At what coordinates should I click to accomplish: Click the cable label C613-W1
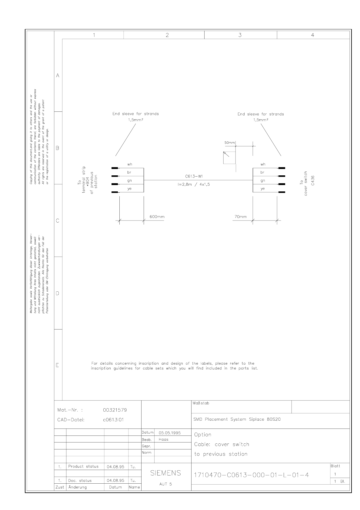194,176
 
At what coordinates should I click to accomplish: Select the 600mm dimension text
157,217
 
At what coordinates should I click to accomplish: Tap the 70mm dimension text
241,217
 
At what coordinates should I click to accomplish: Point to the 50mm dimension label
229,143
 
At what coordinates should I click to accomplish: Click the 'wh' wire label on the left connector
130,164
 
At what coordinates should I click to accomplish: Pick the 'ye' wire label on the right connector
263,189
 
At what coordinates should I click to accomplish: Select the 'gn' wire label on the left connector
130,181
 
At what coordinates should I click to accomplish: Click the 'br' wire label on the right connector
262,172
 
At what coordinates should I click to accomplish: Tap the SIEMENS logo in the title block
166,473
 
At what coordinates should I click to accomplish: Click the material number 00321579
115,410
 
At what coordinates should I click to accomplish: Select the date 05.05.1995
170,433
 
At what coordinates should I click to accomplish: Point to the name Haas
164,439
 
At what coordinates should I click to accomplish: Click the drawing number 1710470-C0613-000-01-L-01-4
251,475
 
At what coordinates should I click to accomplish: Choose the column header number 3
240,35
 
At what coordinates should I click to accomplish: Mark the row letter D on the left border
58,293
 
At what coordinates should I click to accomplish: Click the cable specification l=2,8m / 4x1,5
194,184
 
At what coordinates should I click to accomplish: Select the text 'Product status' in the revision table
83,467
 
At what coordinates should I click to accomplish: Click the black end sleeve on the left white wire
115,168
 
